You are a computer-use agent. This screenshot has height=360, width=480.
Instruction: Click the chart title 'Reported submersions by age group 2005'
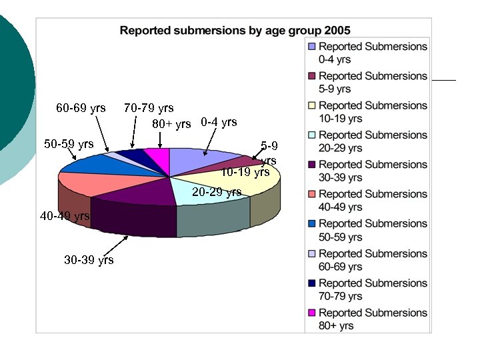235,30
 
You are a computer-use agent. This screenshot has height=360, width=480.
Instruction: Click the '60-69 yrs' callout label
81,107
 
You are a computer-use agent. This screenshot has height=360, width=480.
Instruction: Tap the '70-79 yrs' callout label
149,108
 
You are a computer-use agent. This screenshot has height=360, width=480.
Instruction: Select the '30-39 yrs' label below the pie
89,260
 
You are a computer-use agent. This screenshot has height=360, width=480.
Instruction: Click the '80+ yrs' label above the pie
171,124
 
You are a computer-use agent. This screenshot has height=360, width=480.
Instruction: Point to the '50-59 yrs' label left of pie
69,143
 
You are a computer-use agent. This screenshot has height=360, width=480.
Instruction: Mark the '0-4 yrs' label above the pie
219,122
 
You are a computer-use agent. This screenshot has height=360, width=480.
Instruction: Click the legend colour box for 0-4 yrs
312,47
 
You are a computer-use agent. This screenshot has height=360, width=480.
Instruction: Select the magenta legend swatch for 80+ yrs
312,313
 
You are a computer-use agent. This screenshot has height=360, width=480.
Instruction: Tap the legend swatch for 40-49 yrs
312,195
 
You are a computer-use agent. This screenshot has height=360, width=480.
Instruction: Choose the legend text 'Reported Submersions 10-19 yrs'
373,112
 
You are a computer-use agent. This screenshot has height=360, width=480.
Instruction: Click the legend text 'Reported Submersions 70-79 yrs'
373,289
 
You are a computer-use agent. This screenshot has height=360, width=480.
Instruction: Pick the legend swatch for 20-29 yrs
312,135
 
